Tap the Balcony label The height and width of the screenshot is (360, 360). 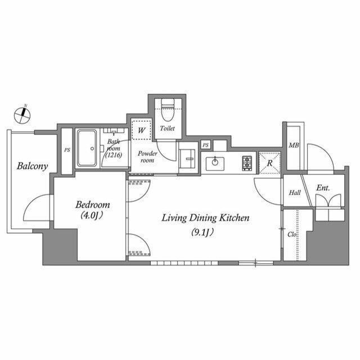click(32, 166)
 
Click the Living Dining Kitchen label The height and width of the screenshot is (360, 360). click(206, 218)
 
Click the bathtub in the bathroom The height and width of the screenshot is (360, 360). click(88, 149)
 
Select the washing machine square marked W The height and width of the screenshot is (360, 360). click(142, 129)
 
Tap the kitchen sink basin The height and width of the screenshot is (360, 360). click(214, 164)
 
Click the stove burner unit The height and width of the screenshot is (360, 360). click(247, 163)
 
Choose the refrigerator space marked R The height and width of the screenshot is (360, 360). click(270, 163)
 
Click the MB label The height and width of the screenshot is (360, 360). click(294, 146)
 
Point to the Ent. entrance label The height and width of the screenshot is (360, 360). click(322, 188)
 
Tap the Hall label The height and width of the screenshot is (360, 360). click(295, 193)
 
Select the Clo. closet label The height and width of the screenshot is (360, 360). click(292, 235)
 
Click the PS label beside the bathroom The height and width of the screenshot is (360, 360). click(67, 150)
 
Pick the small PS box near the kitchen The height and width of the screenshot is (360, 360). click(206, 145)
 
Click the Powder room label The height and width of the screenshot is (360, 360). click(147, 156)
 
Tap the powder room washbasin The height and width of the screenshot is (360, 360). click(187, 158)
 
